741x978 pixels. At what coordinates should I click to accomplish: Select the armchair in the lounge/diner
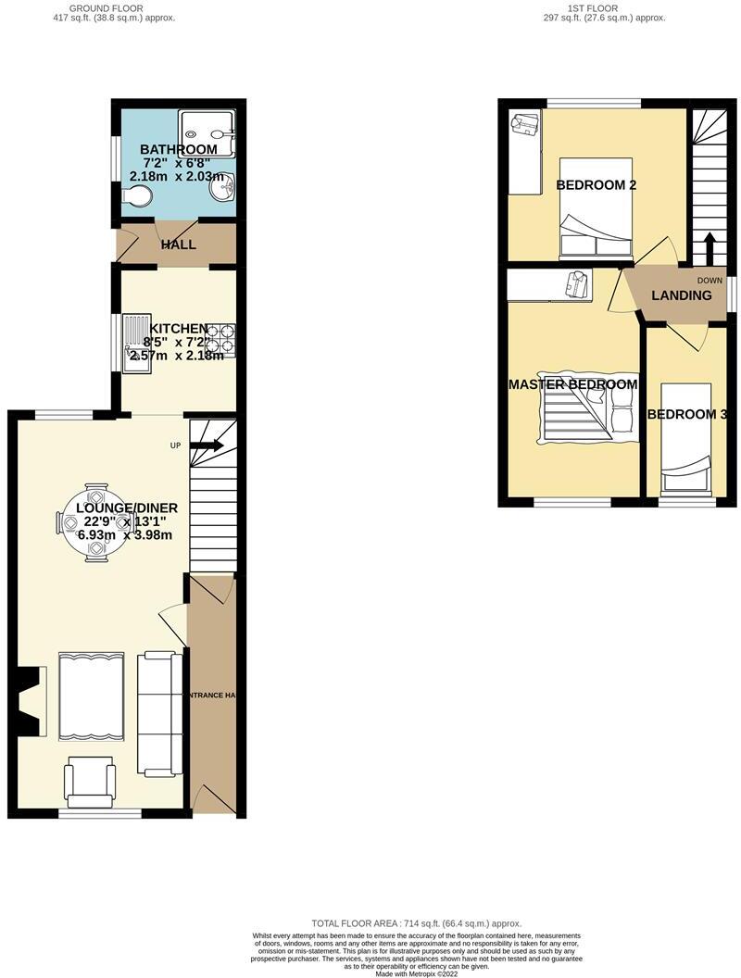click(91, 783)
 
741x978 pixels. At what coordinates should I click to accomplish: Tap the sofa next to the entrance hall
click(159, 713)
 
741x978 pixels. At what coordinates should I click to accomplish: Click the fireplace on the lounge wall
click(33, 701)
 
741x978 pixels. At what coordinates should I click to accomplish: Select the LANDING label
click(682, 296)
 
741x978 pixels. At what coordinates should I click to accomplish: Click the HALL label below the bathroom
click(178, 245)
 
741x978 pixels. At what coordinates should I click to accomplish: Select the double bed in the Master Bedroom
click(585, 417)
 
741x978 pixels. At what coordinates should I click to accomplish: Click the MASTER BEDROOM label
click(572, 384)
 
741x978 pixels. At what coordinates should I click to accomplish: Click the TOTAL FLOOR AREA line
click(416, 923)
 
